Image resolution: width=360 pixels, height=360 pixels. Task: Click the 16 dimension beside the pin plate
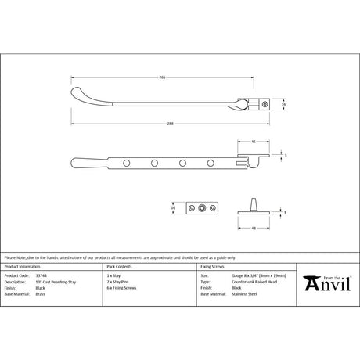point(174,208)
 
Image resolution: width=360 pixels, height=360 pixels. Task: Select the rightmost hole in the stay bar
point(210,163)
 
